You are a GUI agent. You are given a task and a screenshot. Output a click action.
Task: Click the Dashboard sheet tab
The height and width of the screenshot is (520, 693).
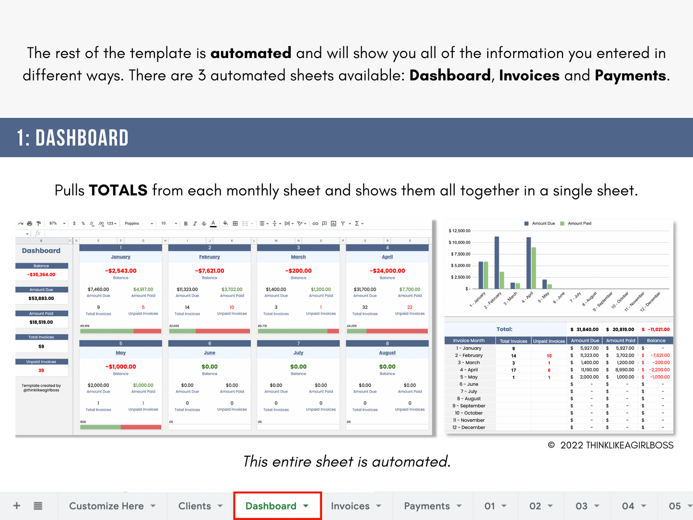coord(271,506)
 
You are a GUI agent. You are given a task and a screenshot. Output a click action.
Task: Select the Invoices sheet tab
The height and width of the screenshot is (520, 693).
coord(350,506)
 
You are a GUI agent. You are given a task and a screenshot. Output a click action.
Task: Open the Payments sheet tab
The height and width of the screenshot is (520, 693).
coord(427,506)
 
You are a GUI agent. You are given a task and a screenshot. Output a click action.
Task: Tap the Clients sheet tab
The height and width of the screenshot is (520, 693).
coord(195,506)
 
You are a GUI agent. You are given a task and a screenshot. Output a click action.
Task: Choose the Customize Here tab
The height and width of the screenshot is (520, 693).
coord(106,506)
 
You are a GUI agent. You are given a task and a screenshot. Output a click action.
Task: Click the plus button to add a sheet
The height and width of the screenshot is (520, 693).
coord(17,506)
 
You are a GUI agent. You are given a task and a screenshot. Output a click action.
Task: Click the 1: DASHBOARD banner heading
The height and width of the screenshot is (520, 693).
coord(73,138)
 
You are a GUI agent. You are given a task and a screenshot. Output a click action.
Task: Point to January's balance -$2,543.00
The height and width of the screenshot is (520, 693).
coord(121,271)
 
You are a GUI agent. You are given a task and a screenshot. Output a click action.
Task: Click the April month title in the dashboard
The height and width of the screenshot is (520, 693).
coord(388,257)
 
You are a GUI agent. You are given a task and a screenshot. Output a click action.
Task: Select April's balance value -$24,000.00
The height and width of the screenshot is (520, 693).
coord(388,271)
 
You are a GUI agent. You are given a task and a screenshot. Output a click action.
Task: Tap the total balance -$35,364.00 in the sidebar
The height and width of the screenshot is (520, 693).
coord(41,275)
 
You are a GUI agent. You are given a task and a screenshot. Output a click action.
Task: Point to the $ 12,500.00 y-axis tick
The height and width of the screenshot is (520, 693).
coord(459,231)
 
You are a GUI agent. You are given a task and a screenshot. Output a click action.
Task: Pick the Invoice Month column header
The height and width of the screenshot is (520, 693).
coord(469,341)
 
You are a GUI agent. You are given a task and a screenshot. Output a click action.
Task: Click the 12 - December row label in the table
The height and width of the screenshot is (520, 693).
coord(469,427)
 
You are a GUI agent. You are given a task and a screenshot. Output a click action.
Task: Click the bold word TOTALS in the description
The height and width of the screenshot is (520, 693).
coord(118,190)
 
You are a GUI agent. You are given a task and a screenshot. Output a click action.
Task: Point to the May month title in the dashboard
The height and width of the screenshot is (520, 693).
coord(121,353)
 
